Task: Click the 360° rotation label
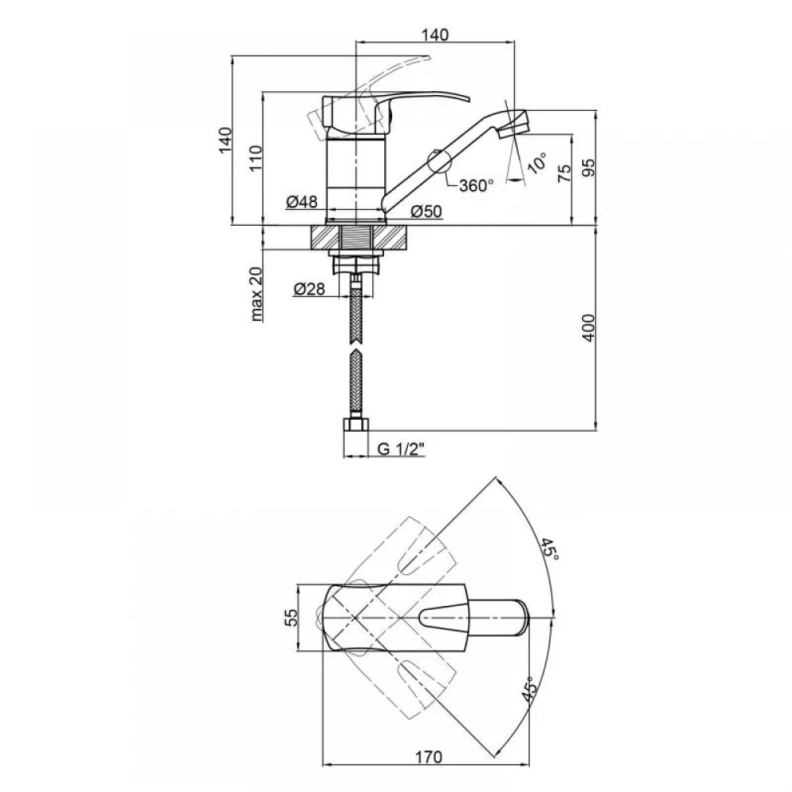pyautogui.click(x=476, y=185)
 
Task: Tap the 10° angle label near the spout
pyautogui.click(x=537, y=162)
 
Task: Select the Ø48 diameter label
pyautogui.click(x=302, y=201)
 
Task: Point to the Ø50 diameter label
pyautogui.click(x=426, y=211)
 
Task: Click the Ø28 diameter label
pyautogui.click(x=309, y=289)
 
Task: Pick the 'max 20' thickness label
pyautogui.click(x=257, y=295)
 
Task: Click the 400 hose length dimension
pyautogui.click(x=589, y=328)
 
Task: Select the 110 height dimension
pyautogui.click(x=256, y=158)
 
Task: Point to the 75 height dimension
pyautogui.click(x=565, y=173)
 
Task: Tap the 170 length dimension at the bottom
pyautogui.click(x=428, y=757)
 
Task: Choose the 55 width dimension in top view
pyautogui.click(x=292, y=617)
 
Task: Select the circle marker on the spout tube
pyautogui.click(x=439, y=162)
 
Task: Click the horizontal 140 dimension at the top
pyautogui.click(x=434, y=35)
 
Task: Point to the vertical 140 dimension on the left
pyautogui.click(x=226, y=140)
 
